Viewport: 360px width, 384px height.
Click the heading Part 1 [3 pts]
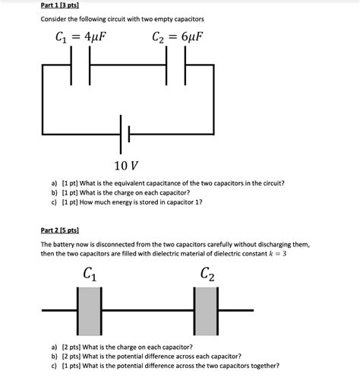pos(63,5)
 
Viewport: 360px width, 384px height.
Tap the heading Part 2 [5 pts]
pos(63,229)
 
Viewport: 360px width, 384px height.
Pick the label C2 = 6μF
pos(179,37)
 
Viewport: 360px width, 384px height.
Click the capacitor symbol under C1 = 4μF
pos(81,66)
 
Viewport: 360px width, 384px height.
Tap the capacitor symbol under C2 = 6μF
pos(177,66)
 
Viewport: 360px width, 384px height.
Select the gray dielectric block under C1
pos(90,310)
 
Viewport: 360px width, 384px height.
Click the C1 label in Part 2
pos(87,275)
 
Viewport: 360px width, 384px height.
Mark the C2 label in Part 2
pos(207,275)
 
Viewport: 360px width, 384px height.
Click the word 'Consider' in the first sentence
pos(55,19)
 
